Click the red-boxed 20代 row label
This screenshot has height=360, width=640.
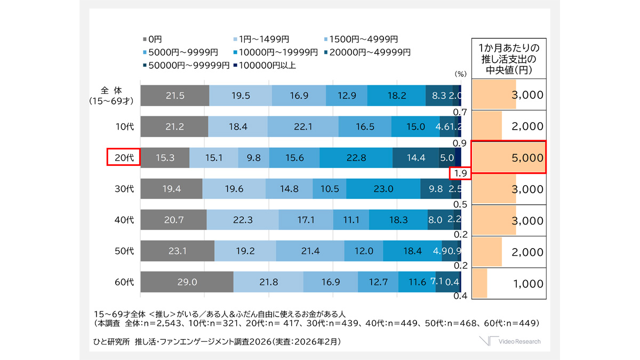[123, 157]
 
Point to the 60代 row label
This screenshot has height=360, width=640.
[125, 282]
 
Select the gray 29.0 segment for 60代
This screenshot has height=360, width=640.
[187, 282]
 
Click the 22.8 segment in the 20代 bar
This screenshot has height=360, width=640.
[356, 158]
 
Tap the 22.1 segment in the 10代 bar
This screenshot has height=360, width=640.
[303, 127]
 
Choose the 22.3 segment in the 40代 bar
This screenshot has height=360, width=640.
[243, 220]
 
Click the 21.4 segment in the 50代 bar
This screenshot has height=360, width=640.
[310, 251]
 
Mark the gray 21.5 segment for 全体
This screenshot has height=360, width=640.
[175, 96]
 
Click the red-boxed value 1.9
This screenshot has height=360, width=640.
[460, 173]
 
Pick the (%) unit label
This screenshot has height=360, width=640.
[460, 74]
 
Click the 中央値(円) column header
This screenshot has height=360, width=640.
[508, 58]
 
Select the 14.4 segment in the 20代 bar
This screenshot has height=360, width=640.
[415, 158]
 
